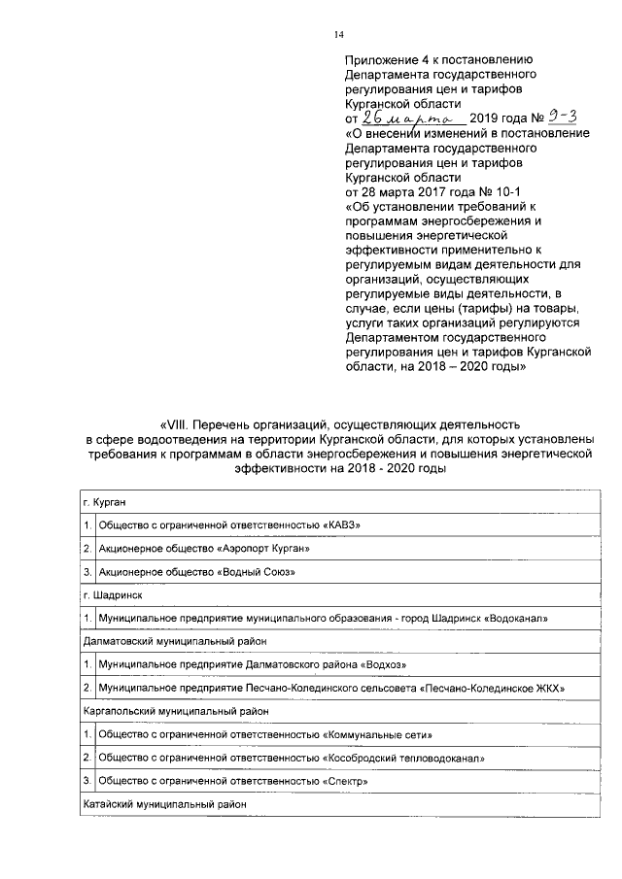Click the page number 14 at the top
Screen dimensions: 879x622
pyautogui.click(x=339, y=35)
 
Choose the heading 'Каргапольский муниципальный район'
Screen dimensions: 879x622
pyautogui.click(x=176, y=711)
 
